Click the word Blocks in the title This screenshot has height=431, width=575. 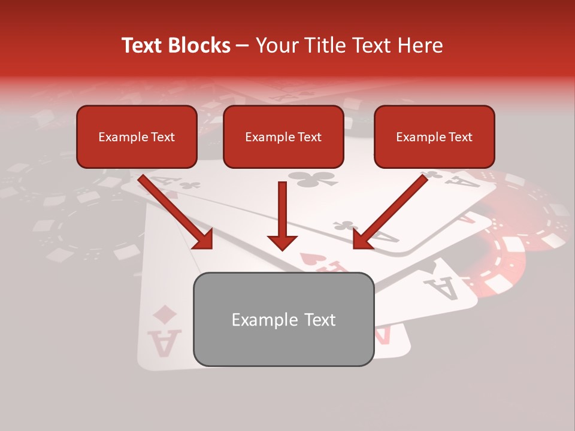(198, 45)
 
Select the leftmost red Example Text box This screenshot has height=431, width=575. (137, 136)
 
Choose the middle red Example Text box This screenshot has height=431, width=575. (283, 136)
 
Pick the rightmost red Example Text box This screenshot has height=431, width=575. (434, 136)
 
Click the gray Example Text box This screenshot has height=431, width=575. (283, 320)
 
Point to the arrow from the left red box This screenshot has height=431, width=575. (176, 212)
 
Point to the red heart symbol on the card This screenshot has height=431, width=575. (307, 258)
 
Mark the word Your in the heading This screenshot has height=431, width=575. (274, 45)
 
